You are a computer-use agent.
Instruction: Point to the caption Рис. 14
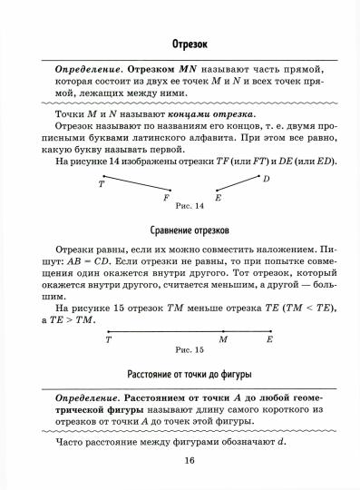click(x=190, y=206)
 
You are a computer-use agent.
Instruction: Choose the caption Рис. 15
click(x=190, y=349)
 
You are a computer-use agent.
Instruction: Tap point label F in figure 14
click(x=166, y=197)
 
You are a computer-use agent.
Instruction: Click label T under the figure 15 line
click(x=109, y=339)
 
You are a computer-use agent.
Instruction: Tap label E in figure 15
click(x=269, y=339)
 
